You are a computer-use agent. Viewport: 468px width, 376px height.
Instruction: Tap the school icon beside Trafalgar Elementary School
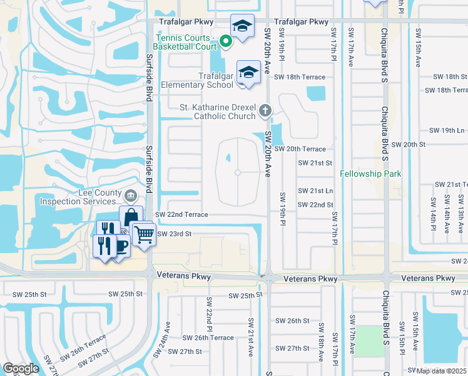click(248, 71)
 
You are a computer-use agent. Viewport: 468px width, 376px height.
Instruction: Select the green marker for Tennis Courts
click(226, 41)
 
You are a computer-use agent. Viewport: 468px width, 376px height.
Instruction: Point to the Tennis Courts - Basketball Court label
click(186, 41)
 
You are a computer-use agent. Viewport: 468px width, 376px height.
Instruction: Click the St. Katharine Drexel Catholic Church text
click(218, 112)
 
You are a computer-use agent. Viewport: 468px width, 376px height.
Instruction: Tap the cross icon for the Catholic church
click(265, 112)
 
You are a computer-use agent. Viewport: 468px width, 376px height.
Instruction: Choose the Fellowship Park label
click(370, 174)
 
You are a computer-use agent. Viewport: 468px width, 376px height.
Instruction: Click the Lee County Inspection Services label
click(80, 197)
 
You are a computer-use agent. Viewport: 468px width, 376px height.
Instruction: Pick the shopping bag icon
click(131, 217)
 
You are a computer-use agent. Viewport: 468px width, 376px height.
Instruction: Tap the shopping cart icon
click(144, 234)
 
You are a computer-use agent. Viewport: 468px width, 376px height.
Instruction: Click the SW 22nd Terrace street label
click(181, 214)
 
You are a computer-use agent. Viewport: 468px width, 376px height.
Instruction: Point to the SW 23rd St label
click(173, 234)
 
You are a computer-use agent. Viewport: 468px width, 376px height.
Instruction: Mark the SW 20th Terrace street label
click(300, 149)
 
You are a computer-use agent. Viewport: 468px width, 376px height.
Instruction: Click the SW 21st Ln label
click(315, 191)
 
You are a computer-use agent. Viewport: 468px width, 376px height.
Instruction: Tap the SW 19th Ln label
click(447, 130)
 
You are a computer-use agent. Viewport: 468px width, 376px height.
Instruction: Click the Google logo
click(21, 368)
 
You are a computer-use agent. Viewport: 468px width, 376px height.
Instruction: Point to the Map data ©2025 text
click(442, 371)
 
